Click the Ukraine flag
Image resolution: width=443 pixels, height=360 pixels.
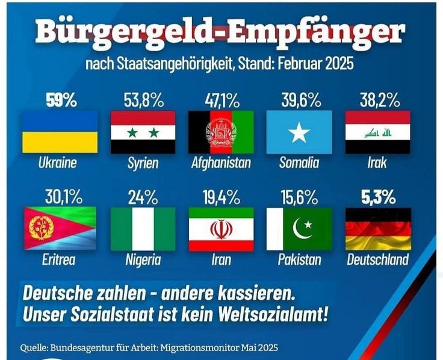click(60, 131)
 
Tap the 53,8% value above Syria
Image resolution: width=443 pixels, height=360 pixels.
click(143, 99)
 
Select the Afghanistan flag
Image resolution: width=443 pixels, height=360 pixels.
click(221, 131)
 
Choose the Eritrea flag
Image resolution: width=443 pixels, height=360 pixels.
click(60, 228)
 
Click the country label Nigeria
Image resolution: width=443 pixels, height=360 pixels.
click(143, 260)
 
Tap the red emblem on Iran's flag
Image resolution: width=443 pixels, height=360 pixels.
click(221, 229)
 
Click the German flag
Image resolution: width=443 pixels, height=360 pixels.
click(377, 228)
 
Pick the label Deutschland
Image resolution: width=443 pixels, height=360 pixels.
click(377, 260)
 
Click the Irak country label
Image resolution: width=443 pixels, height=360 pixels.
click(377, 163)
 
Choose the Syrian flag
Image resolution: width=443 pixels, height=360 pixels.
click(143, 131)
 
